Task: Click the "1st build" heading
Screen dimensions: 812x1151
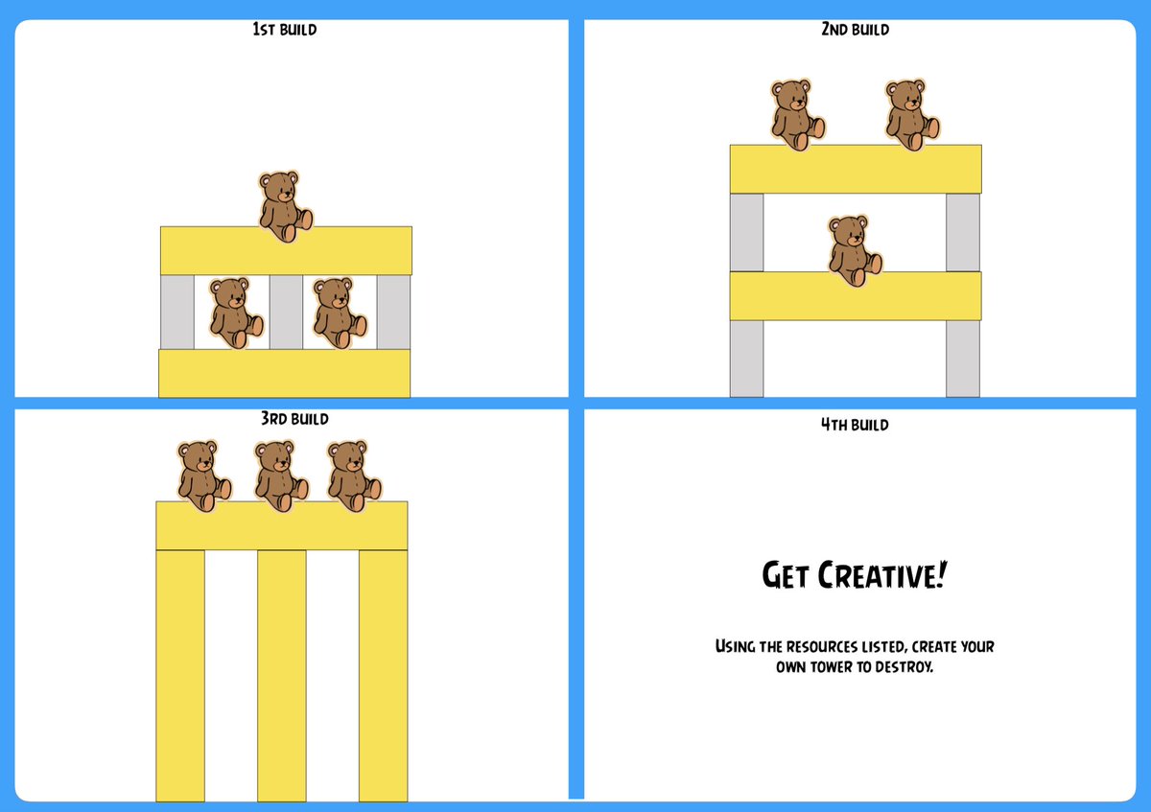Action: (x=284, y=30)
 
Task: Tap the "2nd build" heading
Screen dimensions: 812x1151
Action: (x=855, y=30)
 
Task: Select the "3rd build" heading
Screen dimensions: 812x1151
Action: (x=294, y=419)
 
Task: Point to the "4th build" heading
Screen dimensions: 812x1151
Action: (x=855, y=425)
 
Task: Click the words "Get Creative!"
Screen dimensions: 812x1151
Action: (x=854, y=575)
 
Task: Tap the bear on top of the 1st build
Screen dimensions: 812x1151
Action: (x=284, y=206)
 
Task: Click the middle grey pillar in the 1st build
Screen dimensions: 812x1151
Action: (x=286, y=312)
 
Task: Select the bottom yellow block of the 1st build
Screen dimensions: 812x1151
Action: (x=284, y=373)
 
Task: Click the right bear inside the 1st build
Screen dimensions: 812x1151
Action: (x=338, y=313)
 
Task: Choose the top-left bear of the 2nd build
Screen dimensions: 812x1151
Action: (x=796, y=114)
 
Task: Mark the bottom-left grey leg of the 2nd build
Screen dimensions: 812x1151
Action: (x=746, y=358)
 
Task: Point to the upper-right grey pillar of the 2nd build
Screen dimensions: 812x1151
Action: (x=963, y=232)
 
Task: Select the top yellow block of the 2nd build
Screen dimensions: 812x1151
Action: (x=856, y=169)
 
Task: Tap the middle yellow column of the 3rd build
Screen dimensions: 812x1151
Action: (x=282, y=675)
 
